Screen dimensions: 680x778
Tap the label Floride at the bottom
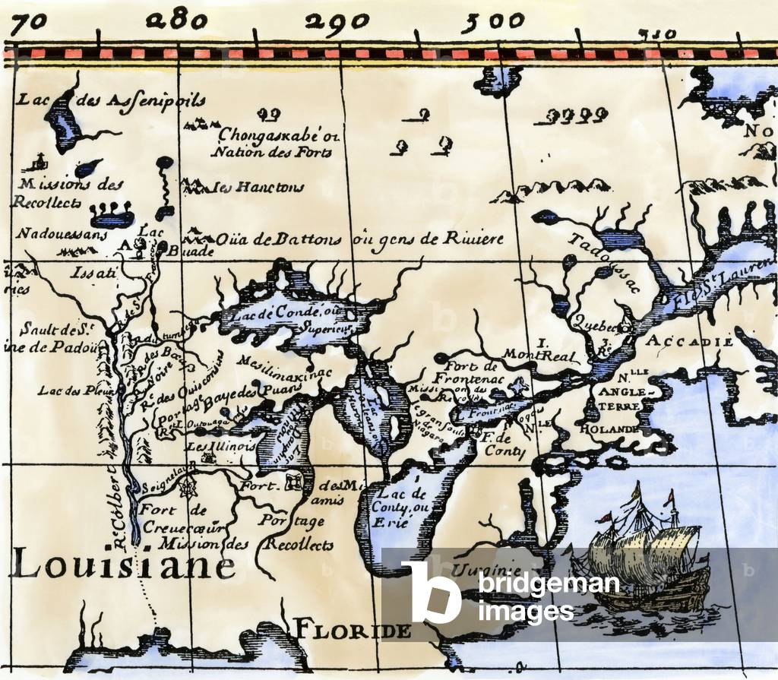pyautogui.click(x=353, y=630)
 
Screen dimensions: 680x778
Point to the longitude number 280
pyautogui.click(x=179, y=21)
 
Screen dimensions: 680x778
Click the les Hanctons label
pyautogui.click(x=258, y=187)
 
